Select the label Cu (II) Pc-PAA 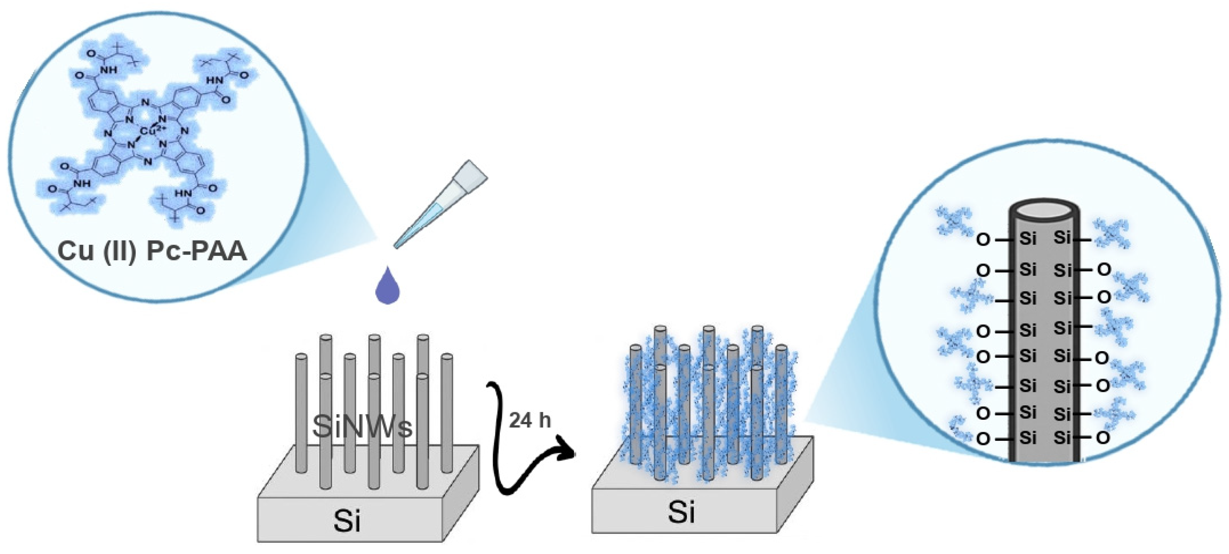coord(152,251)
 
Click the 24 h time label coord(529,421)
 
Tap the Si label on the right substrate coord(680,512)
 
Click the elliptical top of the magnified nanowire coord(1043,210)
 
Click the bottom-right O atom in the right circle coord(1103,438)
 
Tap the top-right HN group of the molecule coord(214,80)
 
